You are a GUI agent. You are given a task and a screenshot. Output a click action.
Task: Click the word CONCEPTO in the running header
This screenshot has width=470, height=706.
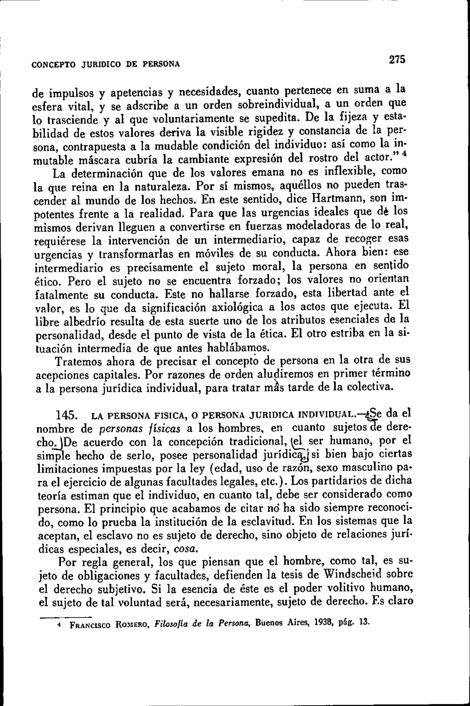tap(53, 65)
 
